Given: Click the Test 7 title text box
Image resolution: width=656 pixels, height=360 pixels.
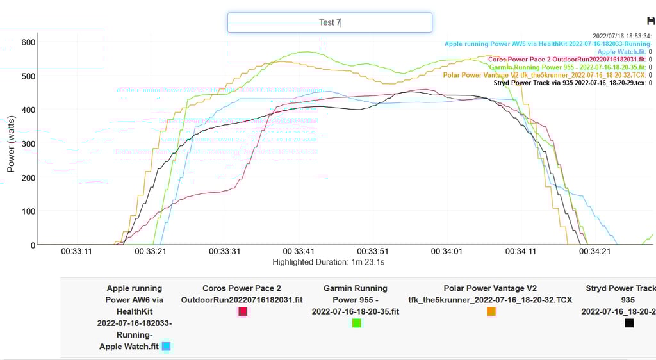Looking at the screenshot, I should click(x=329, y=22).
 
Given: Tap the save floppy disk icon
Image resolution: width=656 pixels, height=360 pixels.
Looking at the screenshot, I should click(x=652, y=22).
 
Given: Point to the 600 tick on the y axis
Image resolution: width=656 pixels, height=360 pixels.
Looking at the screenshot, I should click(x=28, y=42).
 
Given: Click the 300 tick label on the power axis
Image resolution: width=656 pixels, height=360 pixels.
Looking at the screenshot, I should click(x=28, y=143).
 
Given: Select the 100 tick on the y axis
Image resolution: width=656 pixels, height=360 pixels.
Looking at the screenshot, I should click(x=28, y=211).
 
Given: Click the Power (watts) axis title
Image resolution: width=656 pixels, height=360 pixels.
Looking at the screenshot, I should click(x=11, y=143).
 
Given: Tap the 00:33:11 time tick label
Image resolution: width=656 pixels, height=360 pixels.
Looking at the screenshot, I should click(x=76, y=252).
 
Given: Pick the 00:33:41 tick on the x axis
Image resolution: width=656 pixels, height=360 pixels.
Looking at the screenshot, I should click(x=298, y=252).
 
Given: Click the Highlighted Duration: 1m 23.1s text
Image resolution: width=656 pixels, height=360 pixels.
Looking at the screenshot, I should click(x=328, y=262).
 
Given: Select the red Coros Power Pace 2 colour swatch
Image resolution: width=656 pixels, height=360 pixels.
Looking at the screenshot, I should click(x=243, y=311).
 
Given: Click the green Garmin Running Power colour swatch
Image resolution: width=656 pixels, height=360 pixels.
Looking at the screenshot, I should click(x=356, y=323).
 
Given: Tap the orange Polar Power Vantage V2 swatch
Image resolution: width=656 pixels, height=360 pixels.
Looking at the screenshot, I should click(x=491, y=311).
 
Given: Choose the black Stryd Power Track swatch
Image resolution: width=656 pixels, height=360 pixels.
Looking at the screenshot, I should click(x=629, y=323).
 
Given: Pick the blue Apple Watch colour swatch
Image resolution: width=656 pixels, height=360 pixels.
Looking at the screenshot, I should click(x=166, y=347).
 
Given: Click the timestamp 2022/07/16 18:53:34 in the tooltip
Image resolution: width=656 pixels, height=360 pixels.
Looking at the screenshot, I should click(x=621, y=36).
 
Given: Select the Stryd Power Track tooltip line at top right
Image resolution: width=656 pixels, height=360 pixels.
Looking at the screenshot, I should click(x=572, y=83).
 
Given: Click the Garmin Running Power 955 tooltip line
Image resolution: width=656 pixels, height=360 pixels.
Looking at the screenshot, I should click(x=570, y=67).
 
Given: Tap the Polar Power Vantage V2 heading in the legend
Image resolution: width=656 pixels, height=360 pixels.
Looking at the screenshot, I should click(x=490, y=288).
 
